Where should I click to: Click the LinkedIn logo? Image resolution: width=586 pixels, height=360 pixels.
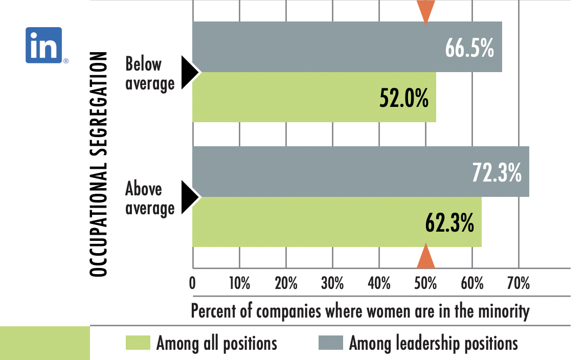coord(44,45)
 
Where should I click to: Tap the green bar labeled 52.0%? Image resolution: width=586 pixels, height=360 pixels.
coord(286,97)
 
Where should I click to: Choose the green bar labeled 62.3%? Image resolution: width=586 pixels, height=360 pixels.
coord(307,222)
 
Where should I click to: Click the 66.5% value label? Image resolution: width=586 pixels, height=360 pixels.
coord(469,48)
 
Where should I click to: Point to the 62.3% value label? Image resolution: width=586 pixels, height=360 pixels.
coord(449,222)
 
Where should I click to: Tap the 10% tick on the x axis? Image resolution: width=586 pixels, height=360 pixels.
coord(239,283)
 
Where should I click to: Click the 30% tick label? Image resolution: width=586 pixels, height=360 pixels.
coord(332,283)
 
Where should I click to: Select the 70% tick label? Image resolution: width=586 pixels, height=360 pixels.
coord(519,283)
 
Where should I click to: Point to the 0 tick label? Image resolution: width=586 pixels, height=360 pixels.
coord(193,283)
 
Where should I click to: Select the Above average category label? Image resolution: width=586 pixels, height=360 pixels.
coord(149,198)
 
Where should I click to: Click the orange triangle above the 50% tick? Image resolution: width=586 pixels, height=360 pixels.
coord(425,257)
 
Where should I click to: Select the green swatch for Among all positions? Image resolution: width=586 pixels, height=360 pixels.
coord(138,343)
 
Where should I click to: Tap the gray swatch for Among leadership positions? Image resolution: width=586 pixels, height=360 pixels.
coord(330,343)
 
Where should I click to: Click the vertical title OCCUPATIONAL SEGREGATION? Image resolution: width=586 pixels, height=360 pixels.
coord(99,164)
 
